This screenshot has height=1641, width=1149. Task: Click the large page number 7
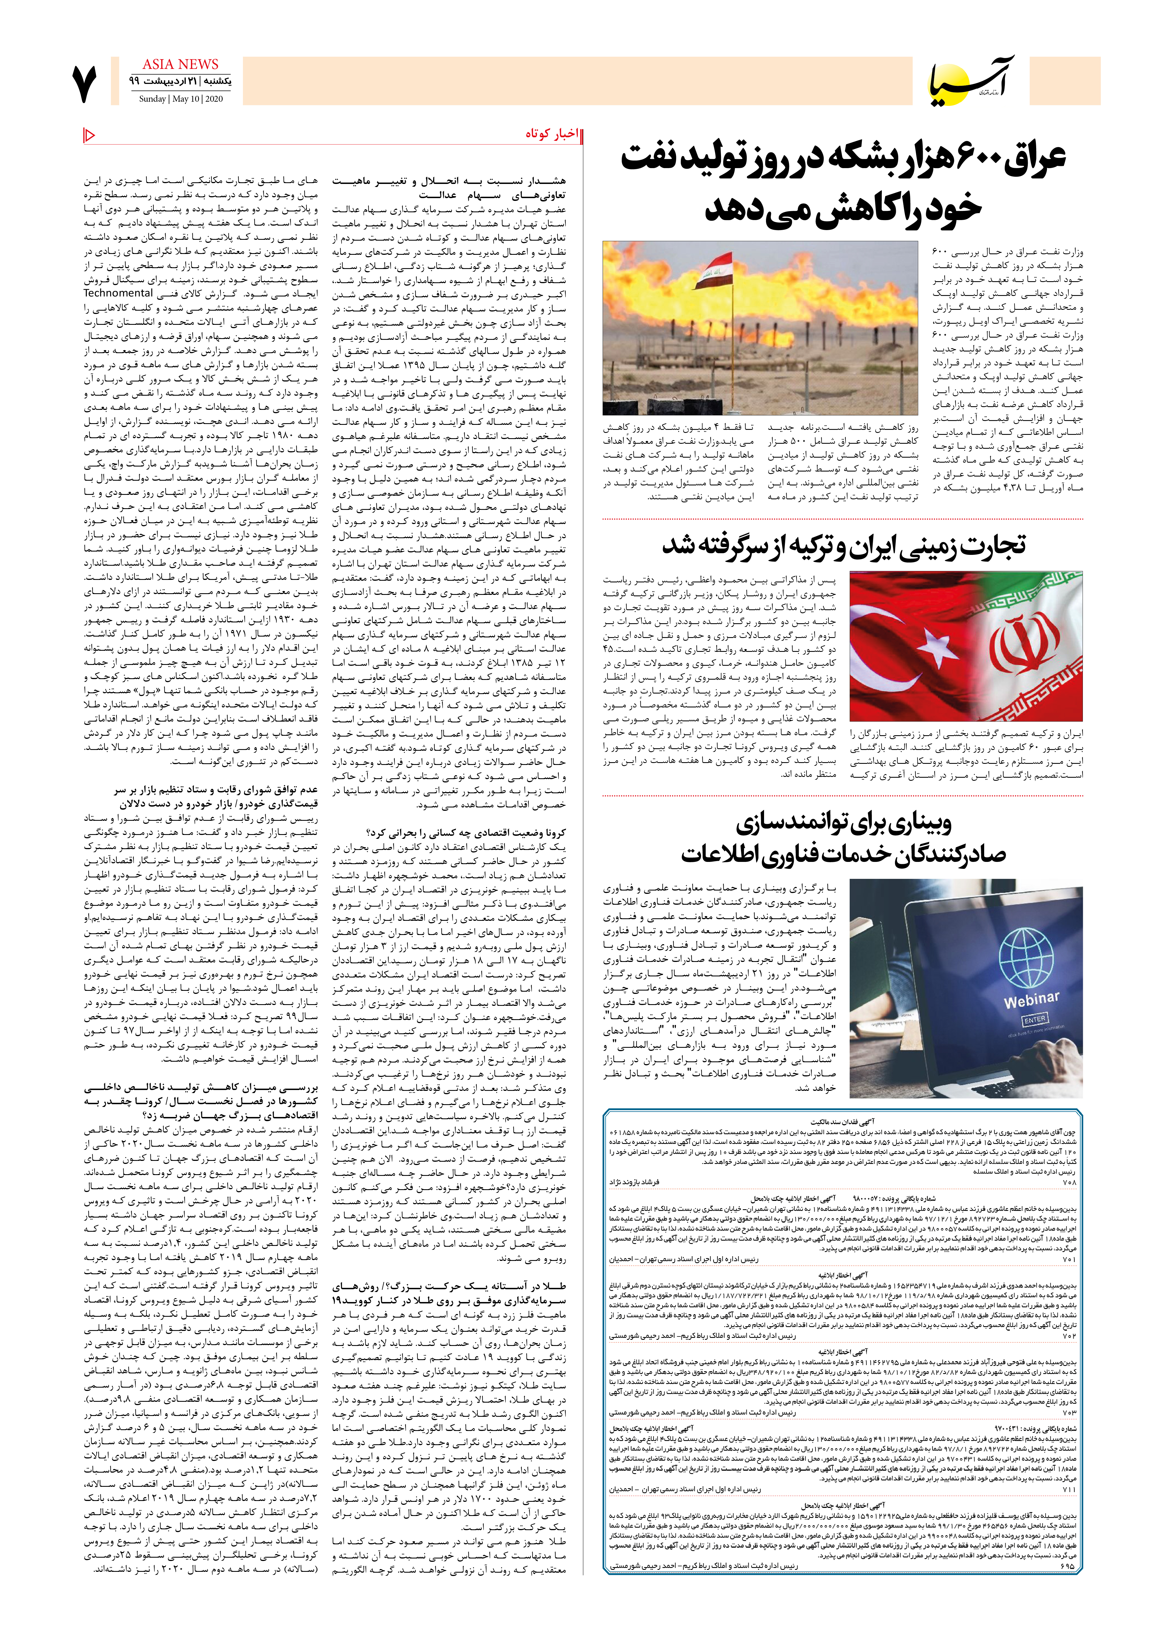(x=84, y=84)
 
